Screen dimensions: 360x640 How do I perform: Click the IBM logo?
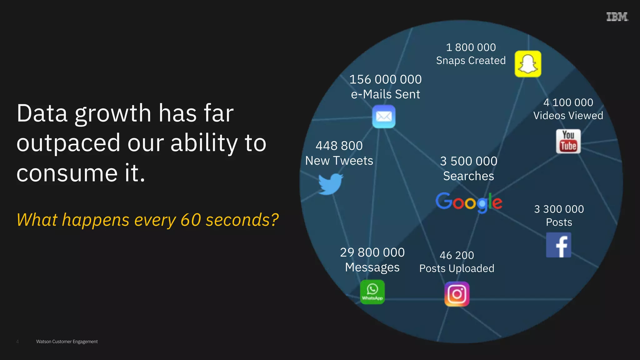617,17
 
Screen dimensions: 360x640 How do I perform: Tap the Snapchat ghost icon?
528,64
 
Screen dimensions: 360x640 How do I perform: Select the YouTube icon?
568,141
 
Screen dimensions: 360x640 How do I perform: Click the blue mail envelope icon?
384,117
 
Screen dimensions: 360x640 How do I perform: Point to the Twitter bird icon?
330,184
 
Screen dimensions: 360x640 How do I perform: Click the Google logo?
469,202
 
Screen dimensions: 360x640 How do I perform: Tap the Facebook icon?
558,245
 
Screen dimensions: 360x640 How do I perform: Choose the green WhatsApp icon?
372,292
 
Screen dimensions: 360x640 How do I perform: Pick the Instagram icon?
457,294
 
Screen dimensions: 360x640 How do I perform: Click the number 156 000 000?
385,79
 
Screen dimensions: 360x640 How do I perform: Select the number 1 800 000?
471,47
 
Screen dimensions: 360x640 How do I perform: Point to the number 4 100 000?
568,102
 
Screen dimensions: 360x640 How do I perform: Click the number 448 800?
339,146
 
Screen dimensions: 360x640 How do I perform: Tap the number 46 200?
457,255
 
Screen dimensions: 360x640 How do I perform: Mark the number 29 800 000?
372,252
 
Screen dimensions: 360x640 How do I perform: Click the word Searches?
468,176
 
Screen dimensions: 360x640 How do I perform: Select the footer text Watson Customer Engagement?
67,342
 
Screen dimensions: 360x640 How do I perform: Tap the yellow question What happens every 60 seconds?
147,220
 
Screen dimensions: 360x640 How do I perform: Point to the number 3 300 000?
559,209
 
